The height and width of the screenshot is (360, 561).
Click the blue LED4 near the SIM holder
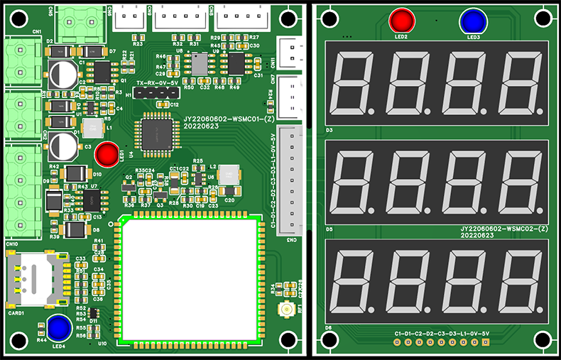point(58,327)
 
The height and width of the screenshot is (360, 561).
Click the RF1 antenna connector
point(287,310)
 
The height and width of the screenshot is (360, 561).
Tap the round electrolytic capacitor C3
point(62,146)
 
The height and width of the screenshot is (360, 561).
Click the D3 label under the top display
point(329,131)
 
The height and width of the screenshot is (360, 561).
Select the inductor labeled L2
point(229,175)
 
